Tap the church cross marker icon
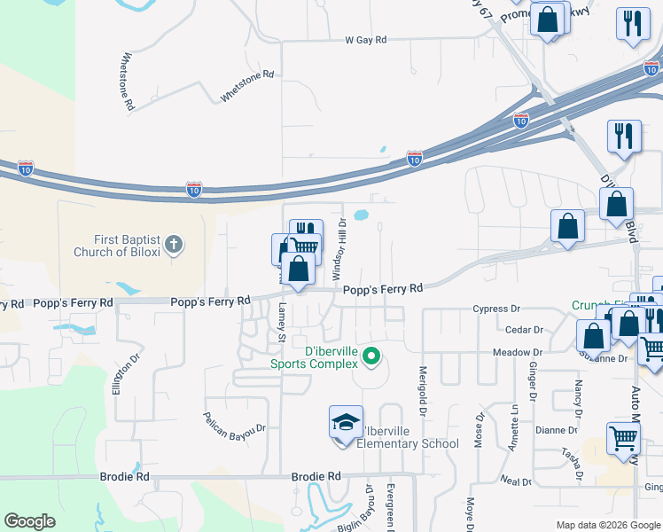click(x=174, y=245)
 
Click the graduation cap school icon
click(x=346, y=422)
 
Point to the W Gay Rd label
click(x=366, y=41)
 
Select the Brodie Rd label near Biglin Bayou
click(x=316, y=476)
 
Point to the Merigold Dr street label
click(x=423, y=391)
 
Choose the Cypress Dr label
click(x=496, y=309)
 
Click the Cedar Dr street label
click(x=523, y=330)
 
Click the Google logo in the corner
click(x=29, y=520)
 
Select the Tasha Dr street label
click(x=569, y=462)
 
